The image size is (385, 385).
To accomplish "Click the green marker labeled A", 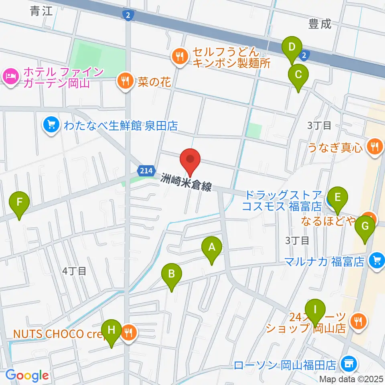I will point(211,249).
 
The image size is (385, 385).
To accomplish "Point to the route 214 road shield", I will point(146,171).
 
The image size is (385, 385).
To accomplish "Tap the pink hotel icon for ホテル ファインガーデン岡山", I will point(10,75).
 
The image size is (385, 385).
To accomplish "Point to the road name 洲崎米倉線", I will point(186,184).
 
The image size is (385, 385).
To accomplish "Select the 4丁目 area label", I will point(75,271).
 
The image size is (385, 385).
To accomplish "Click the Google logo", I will point(27,376).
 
